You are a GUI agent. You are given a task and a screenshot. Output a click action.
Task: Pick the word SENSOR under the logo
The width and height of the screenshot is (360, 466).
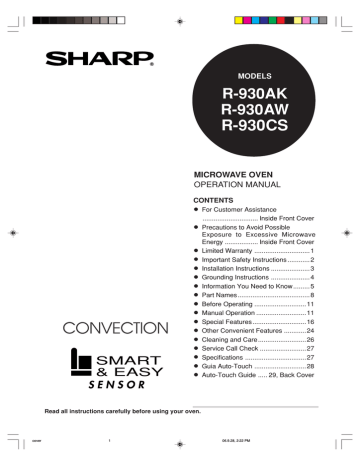tap(98, 382)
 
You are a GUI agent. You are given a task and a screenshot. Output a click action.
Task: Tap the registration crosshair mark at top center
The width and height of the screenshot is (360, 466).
tap(178, 18)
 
